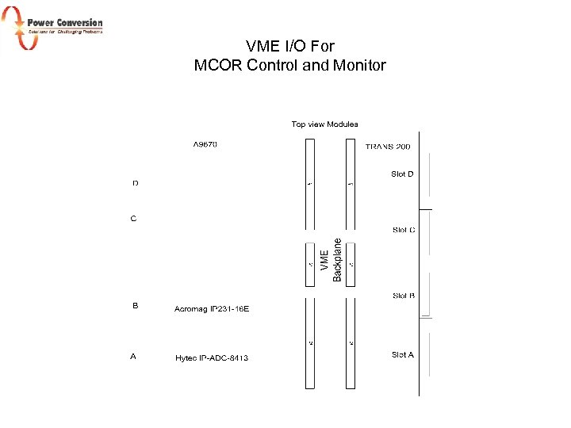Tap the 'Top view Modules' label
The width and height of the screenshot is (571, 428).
pyautogui.click(x=324, y=124)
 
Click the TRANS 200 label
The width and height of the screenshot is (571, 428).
pyautogui.click(x=388, y=147)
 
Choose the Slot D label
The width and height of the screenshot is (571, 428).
pyautogui.click(x=402, y=174)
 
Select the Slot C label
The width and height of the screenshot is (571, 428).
pyautogui.click(x=404, y=231)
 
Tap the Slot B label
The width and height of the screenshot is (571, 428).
pyautogui.click(x=404, y=296)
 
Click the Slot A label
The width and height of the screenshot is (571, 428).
pyautogui.click(x=403, y=355)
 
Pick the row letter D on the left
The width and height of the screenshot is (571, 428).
pyautogui.click(x=135, y=184)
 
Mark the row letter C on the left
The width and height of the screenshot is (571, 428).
pyautogui.click(x=133, y=219)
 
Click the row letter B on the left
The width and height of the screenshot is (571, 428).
pyautogui.click(x=135, y=305)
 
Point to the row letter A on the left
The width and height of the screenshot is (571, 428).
pyautogui.click(x=133, y=357)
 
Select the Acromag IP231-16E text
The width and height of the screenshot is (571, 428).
pyautogui.click(x=212, y=308)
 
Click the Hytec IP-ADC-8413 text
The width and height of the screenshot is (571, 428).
pyautogui.click(x=212, y=358)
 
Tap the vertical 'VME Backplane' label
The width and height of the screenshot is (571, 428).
pyautogui.click(x=331, y=259)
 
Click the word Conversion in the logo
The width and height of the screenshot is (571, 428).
pyautogui.click(x=79, y=22)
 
